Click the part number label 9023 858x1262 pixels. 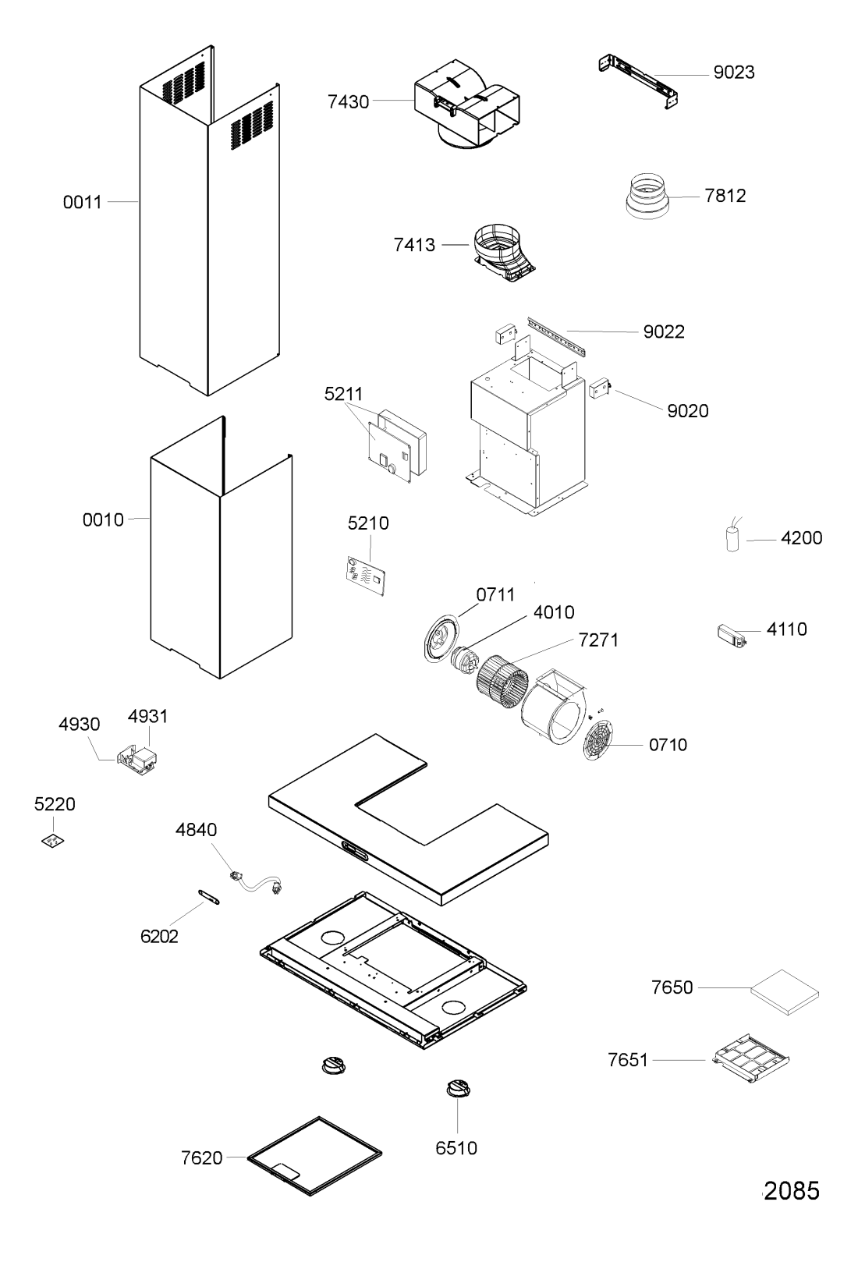point(733,72)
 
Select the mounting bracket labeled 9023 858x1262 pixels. point(638,81)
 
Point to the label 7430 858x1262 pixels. point(348,102)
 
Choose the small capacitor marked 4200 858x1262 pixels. point(732,534)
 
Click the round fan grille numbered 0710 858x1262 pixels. point(598,739)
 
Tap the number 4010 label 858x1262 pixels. point(554,612)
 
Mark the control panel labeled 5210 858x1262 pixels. point(366,576)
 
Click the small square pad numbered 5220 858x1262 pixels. point(53,841)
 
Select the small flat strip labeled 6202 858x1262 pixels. point(208,896)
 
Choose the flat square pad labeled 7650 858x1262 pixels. point(785,992)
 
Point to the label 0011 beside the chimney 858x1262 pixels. point(82,202)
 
